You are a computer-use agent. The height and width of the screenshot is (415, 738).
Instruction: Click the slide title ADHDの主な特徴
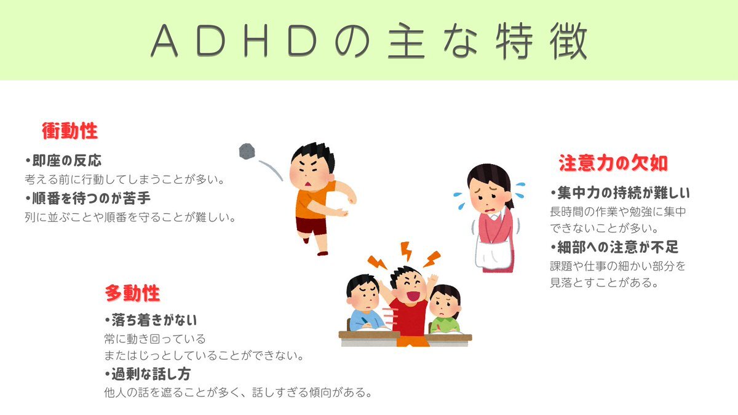tap(369, 41)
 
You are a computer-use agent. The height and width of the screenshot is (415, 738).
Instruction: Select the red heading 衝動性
tap(70, 131)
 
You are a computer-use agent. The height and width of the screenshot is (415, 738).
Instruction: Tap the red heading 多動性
tap(132, 293)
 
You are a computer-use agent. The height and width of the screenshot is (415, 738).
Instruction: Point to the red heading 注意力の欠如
tap(613, 163)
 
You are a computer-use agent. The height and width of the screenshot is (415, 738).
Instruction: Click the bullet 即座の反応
tap(63, 160)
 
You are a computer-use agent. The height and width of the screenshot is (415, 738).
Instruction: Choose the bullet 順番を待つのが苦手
tap(88, 198)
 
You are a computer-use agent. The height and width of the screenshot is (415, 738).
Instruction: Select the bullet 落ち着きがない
tap(151, 320)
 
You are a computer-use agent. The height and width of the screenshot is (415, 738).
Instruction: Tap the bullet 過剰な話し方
tap(148, 374)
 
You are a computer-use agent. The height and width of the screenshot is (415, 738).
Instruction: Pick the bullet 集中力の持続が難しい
tap(620, 193)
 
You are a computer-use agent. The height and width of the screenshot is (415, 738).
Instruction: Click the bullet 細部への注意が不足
tap(614, 247)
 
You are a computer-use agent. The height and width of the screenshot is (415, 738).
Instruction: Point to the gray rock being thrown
tap(247, 151)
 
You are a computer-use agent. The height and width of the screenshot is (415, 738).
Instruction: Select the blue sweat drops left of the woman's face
tap(459, 201)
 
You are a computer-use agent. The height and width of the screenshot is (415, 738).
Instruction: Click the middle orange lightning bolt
tap(407, 251)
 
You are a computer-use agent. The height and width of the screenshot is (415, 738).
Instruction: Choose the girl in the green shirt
tap(445, 309)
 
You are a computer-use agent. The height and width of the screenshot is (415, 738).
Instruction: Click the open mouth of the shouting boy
tap(413, 296)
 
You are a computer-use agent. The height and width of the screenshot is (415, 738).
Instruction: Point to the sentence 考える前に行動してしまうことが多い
tap(125, 180)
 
